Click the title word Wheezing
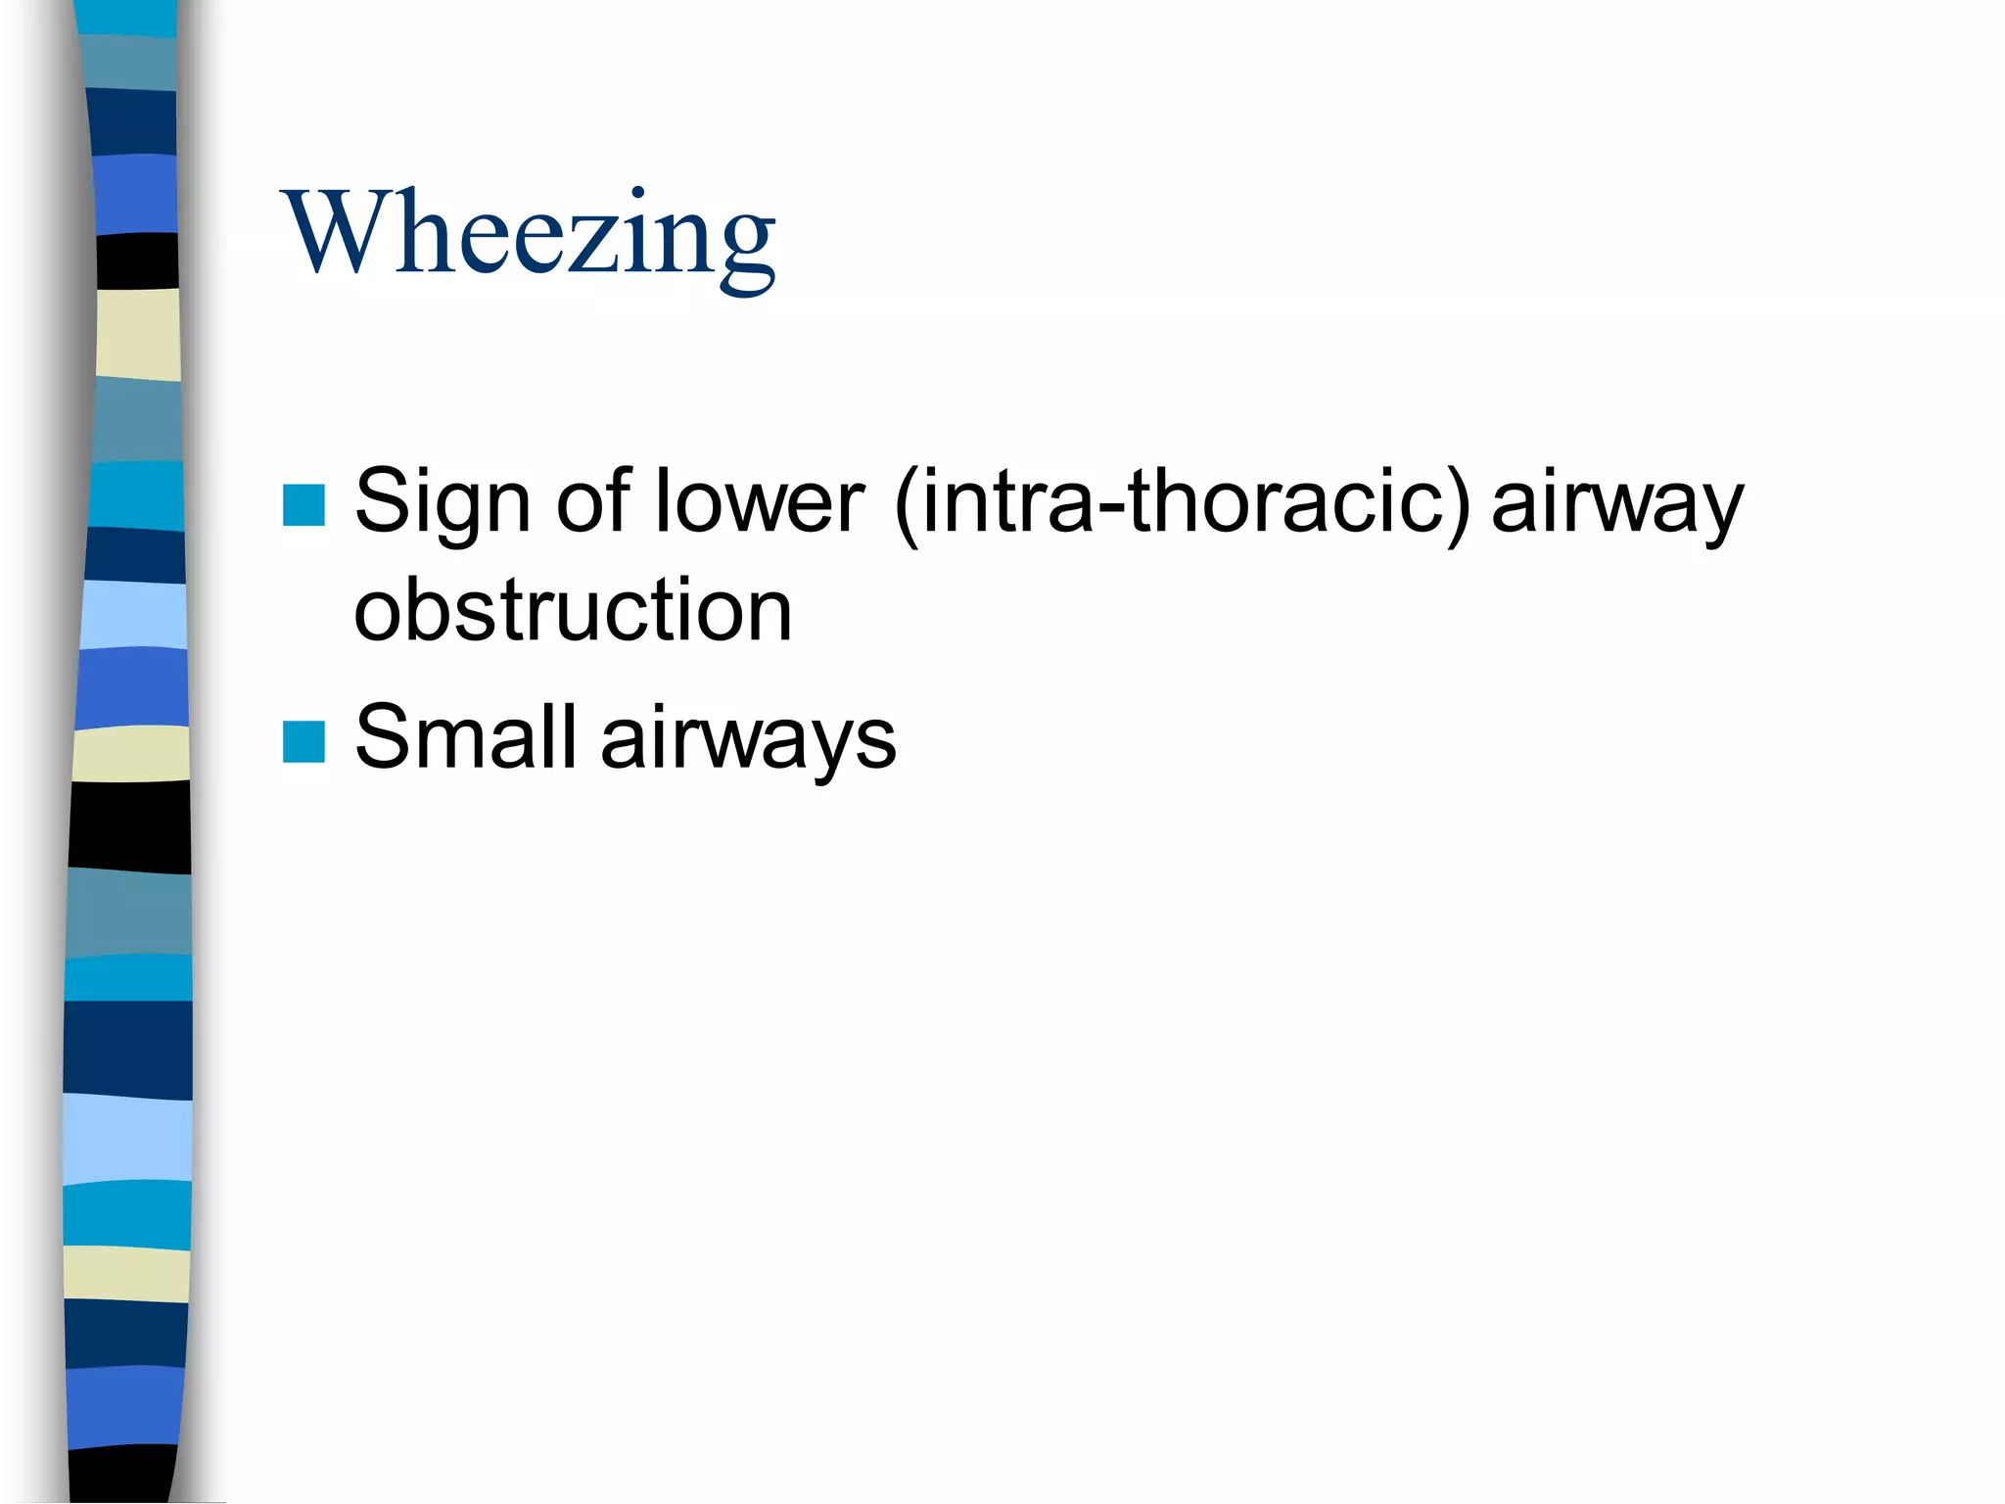click(x=529, y=235)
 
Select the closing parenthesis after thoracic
click(x=1459, y=504)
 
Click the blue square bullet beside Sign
click(x=303, y=505)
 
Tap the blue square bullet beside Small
click(x=303, y=741)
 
